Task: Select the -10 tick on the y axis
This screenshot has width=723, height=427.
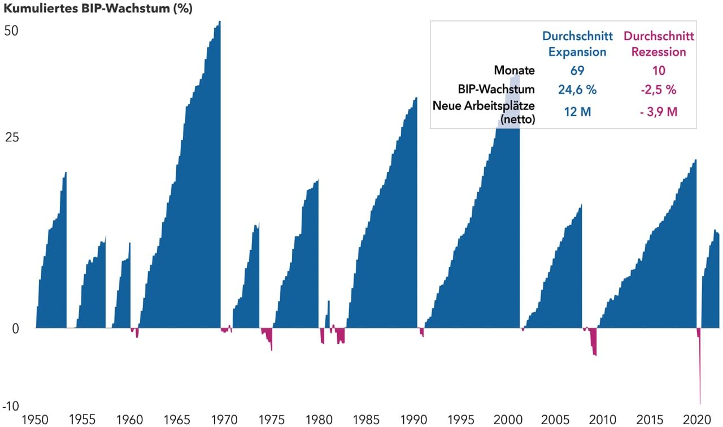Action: tap(10, 406)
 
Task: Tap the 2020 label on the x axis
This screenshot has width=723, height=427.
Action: tap(696, 420)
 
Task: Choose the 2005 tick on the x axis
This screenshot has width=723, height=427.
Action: tap(555, 420)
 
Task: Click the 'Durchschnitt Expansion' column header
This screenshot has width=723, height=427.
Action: tap(577, 44)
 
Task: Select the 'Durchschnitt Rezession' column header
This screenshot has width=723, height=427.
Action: tap(659, 44)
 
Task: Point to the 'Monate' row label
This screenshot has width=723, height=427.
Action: tap(514, 71)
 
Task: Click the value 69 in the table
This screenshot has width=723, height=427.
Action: tap(577, 71)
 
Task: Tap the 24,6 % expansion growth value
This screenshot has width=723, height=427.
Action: tap(577, 89)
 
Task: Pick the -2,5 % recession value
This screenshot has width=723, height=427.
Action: tap(659, 89)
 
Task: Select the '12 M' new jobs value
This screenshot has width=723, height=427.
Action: tap(577, 112)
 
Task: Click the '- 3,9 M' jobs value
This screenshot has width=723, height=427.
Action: tap(659, 112)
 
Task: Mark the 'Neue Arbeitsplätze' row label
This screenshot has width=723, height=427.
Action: tap(484, 106)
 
